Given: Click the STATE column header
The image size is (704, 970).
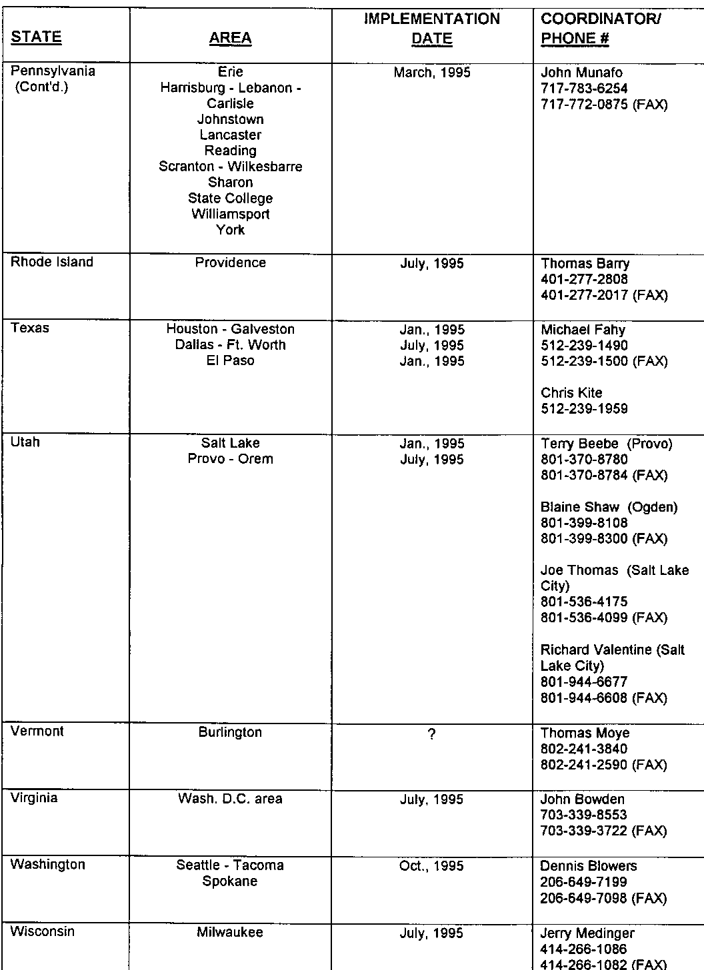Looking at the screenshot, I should point(36,37).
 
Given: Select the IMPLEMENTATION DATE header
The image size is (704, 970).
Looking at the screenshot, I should point(432,29).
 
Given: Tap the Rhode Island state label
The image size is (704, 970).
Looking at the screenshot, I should point(52,262).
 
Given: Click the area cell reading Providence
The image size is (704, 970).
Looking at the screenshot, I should point(231,262).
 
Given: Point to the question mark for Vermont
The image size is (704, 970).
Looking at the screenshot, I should point(432,734).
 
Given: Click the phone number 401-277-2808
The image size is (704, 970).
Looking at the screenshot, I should point(585,279).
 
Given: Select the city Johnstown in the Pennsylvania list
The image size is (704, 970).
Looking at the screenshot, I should point(231,119).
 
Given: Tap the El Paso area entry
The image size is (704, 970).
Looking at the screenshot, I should point(231,360).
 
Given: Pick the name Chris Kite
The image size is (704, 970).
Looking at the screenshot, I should point(571,392).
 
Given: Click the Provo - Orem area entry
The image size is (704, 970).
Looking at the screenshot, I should point(231,459).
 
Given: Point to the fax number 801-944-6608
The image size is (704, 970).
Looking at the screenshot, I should point(585,698).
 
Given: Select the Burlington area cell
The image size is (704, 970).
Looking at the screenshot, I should point(231,732).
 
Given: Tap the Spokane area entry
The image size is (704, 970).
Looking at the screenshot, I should point(231,881).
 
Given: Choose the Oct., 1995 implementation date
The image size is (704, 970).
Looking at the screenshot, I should point(432,866).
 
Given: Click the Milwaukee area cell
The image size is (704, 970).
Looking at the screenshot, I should point(231,932).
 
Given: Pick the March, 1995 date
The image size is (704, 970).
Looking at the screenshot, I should point(432,73).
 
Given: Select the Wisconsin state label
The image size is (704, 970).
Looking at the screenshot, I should point(43,931).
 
